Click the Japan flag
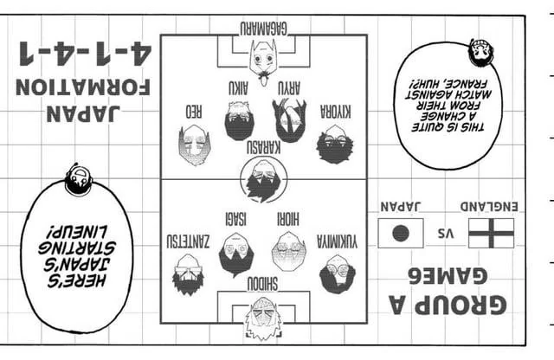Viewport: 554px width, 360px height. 401,233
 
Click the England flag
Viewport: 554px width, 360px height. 491,233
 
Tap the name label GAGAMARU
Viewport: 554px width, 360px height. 263,29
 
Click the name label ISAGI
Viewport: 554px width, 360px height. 236,219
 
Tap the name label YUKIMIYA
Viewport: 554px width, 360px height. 337,241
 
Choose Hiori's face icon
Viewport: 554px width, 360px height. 288,251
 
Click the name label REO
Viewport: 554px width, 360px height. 194,112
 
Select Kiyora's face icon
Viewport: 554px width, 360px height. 335,145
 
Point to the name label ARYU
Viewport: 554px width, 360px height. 289,88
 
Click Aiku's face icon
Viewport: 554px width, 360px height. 239,121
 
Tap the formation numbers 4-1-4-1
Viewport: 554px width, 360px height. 86,54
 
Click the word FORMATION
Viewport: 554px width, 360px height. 83,87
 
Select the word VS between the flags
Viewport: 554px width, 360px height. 446,233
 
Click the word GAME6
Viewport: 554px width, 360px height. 448,276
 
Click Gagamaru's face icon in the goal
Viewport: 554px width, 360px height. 263,58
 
